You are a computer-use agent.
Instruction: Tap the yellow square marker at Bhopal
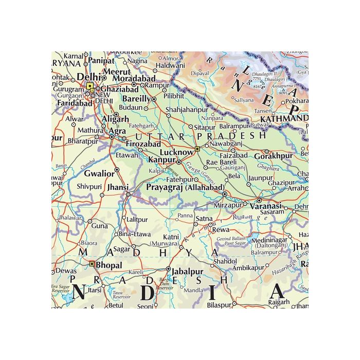(92, 264)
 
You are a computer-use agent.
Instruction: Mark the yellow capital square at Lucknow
(197, 149)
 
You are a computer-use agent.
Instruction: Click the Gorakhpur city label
(275, 155)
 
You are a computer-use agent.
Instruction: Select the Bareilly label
(136, 98)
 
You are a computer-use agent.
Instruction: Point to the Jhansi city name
(117, 188)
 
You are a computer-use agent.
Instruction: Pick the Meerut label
(118, 71)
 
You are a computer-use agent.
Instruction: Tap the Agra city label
(118, 131)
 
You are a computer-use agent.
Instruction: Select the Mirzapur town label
(228, 204)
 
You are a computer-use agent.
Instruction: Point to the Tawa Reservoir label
(121, 296)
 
